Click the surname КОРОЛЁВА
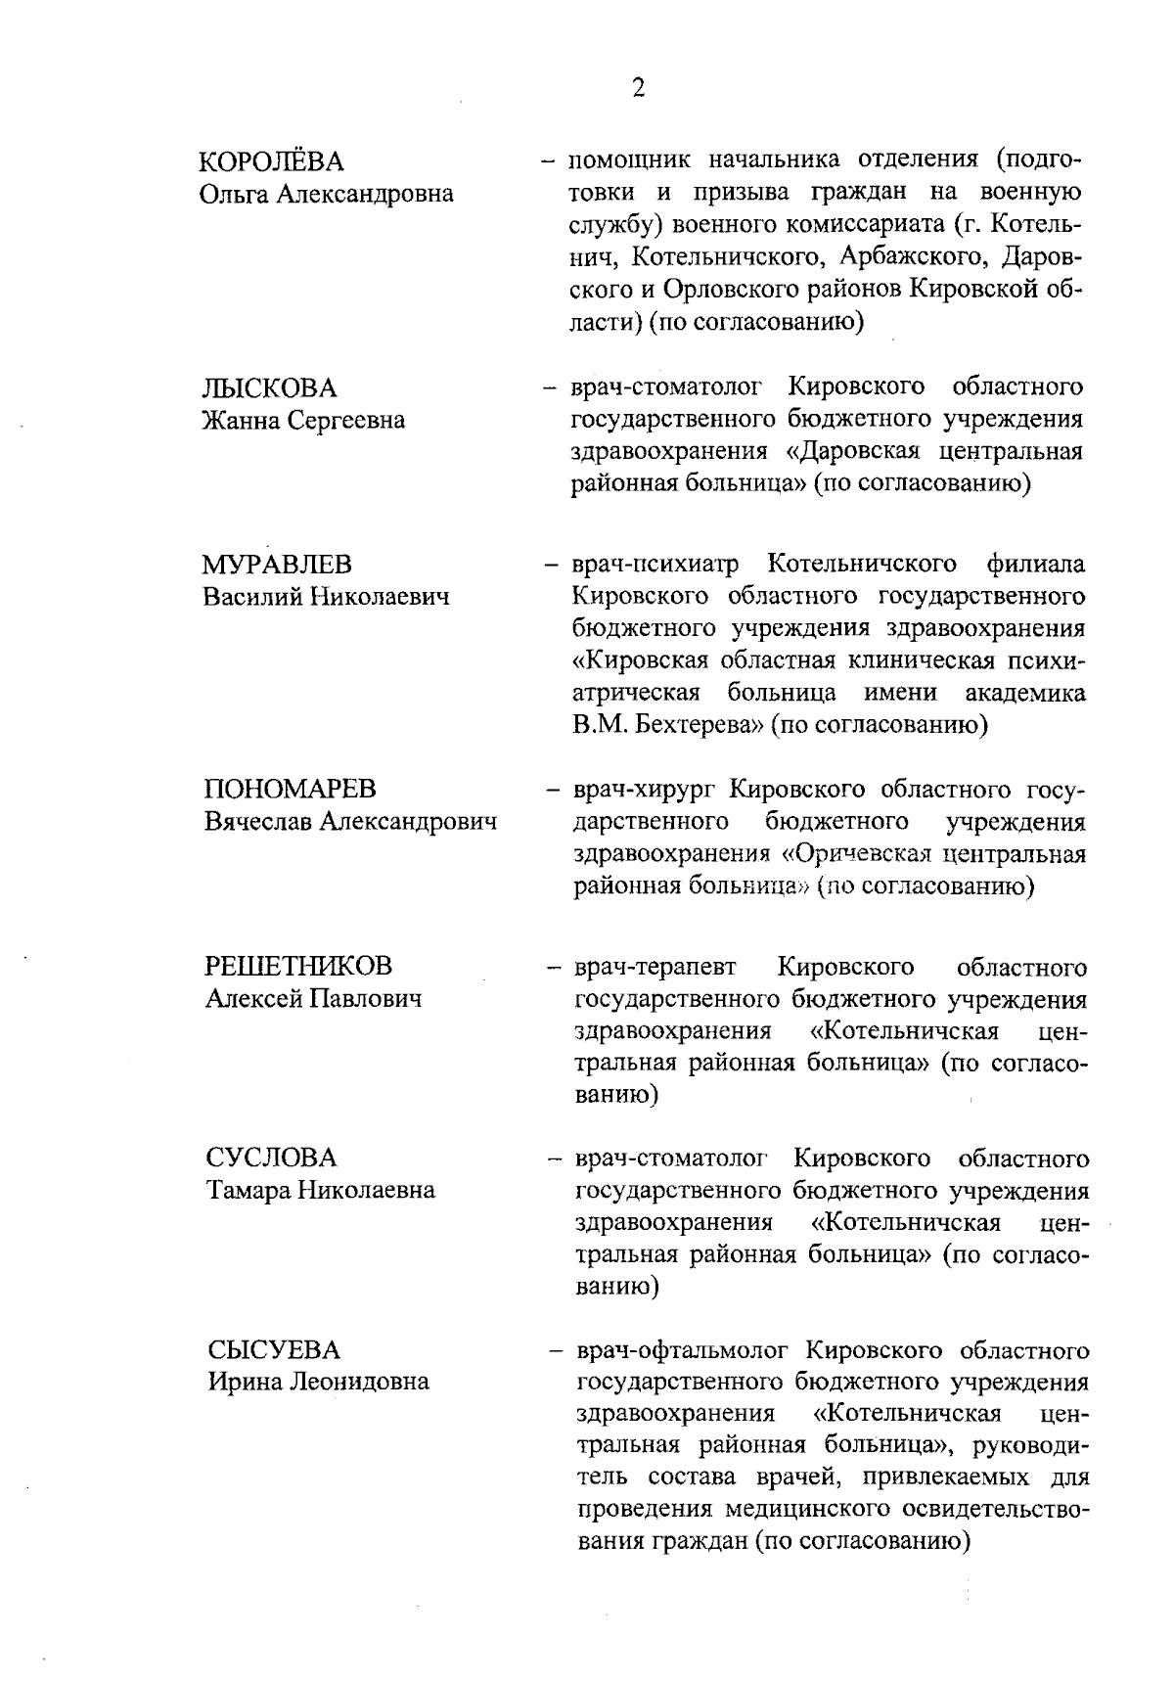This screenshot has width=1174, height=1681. coord(272,160)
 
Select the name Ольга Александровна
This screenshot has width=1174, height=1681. coord(327,194)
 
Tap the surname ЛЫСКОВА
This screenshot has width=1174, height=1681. coord(269,388)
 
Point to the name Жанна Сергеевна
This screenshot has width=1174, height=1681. coord(302,421)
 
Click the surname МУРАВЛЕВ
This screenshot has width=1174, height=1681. coord(278,565)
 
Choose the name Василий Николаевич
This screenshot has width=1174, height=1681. coord(326,597)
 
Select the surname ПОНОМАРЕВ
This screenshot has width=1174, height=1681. coord(291,789)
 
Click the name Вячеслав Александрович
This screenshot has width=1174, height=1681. coord(350,822)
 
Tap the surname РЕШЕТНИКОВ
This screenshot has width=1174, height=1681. coord(298,967)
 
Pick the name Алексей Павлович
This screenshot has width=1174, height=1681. coord(314,999)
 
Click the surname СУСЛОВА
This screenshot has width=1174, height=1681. coord(271,1159)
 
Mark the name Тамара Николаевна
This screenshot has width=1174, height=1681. coord(321,1191)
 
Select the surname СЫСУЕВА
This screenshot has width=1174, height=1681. coord(274,1350)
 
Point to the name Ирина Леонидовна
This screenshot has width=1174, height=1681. coord(318,1383)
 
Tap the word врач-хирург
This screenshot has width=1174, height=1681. coord(647,789)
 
